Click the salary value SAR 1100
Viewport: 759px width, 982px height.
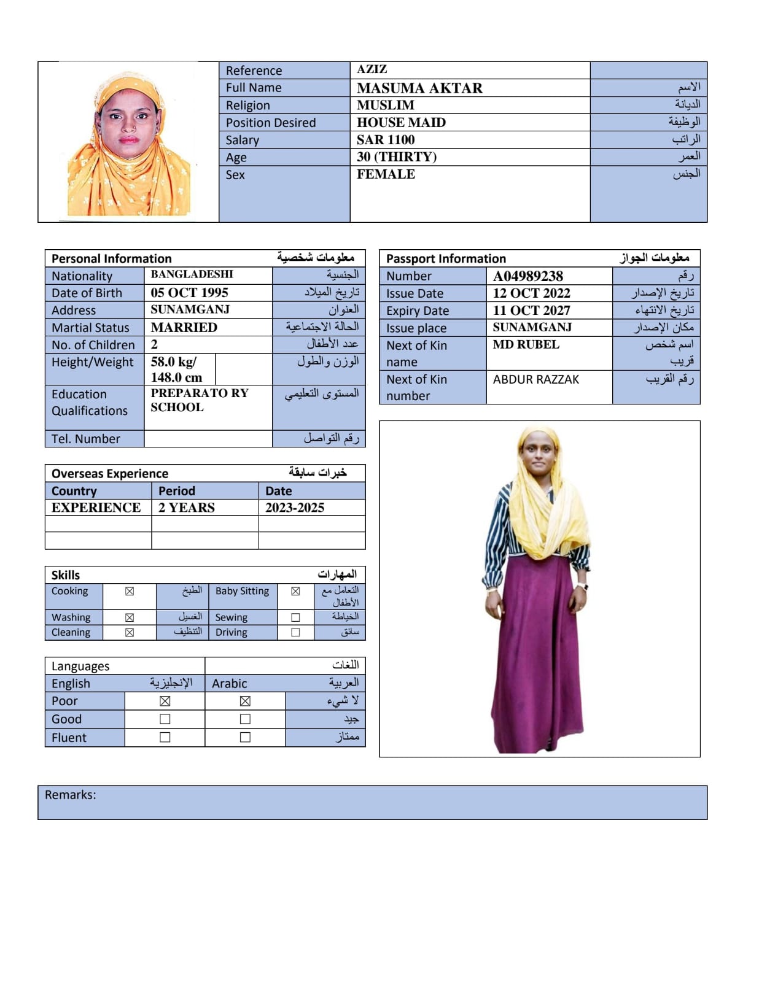click(386, 140)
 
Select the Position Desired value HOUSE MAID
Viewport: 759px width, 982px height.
click(401, 123)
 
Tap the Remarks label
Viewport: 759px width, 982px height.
click(70, 795)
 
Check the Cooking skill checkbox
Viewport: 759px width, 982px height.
click(130, 592)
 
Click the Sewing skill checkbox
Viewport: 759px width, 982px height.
click(295, 617)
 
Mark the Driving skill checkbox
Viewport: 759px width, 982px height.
click(295, 632)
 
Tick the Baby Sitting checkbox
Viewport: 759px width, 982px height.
click(295, 592)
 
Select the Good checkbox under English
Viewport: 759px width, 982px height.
click(165, 719)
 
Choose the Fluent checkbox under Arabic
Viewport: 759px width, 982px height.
click(245, 737)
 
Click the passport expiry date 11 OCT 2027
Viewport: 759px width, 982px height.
click(531, 311)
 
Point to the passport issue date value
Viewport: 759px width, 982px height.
click(531, 293)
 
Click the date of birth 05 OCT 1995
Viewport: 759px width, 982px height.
click(189, 293)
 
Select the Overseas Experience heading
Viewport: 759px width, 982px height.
click(110, 473)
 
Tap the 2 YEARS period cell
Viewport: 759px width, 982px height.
click(187, 508)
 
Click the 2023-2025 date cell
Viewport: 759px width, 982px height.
click(295, 508)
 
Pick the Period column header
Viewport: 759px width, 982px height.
click(177, 491)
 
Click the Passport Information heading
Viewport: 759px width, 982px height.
click(446, 258)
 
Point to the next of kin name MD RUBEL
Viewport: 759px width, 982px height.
click(526, 344)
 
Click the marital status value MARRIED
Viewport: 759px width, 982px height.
click(184, 327)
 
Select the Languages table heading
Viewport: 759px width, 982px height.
click(80, 666)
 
